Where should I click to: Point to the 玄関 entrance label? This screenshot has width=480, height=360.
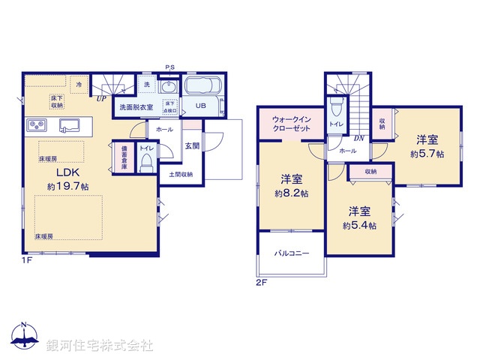click(192, 145)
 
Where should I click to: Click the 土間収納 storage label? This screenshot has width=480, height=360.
click(180, 175)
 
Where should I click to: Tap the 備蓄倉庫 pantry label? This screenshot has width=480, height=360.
click(124, 157)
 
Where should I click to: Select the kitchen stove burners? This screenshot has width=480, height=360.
click(35, 124)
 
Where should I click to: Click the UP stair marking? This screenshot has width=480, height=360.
click(100, 97)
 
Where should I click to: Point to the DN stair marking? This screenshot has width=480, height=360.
click(359, 138)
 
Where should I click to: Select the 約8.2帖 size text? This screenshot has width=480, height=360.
click(292, 193)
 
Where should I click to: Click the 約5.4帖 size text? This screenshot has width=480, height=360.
click(359, 225)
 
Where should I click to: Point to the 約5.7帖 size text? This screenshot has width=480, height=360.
click(427, 154)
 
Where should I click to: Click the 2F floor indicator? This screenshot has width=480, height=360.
click(261, 282)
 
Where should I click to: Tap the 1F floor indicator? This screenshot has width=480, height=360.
click(25, 260)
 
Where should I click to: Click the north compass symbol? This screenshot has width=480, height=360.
click(24, 336)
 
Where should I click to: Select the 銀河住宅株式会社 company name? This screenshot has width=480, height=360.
click(100, 346)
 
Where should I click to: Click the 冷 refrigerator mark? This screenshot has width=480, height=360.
click(78, 85)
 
